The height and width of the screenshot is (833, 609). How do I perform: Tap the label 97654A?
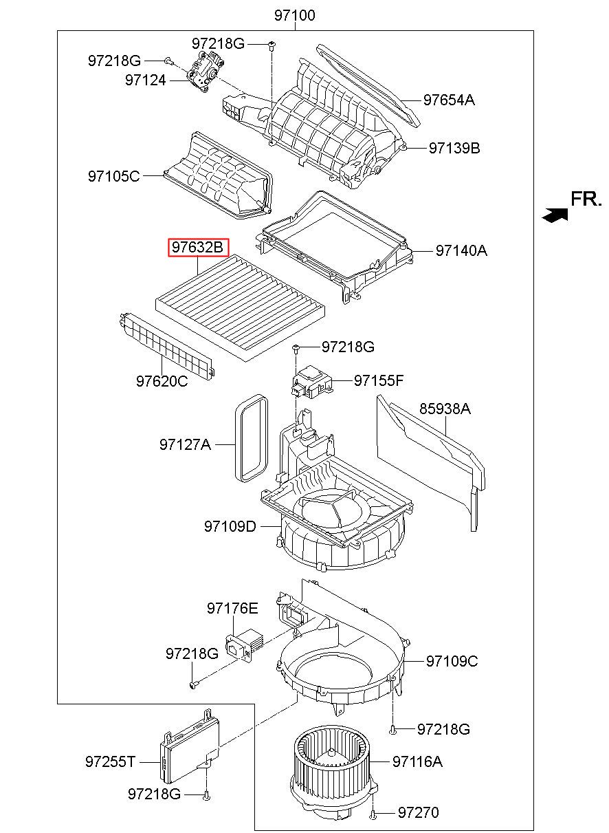(449, 100)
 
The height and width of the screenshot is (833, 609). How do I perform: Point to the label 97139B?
(454, 147)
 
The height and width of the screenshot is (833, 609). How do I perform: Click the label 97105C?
(113, 176)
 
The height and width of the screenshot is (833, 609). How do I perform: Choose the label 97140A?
(461, 250)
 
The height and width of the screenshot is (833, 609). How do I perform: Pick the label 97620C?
(162, 380)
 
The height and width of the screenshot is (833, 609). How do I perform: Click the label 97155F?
(379, 380)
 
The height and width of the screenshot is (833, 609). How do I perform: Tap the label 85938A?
(445, 409)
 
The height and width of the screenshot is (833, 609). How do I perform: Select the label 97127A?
(185, 444)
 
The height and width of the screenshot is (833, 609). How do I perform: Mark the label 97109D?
(230, 526)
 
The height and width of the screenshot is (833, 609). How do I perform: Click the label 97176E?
(232, 608)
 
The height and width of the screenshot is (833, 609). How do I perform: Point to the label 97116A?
(417, 761)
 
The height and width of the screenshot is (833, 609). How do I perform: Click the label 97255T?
(111, 761)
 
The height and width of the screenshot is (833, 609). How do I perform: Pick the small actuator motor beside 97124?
(204, 69)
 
